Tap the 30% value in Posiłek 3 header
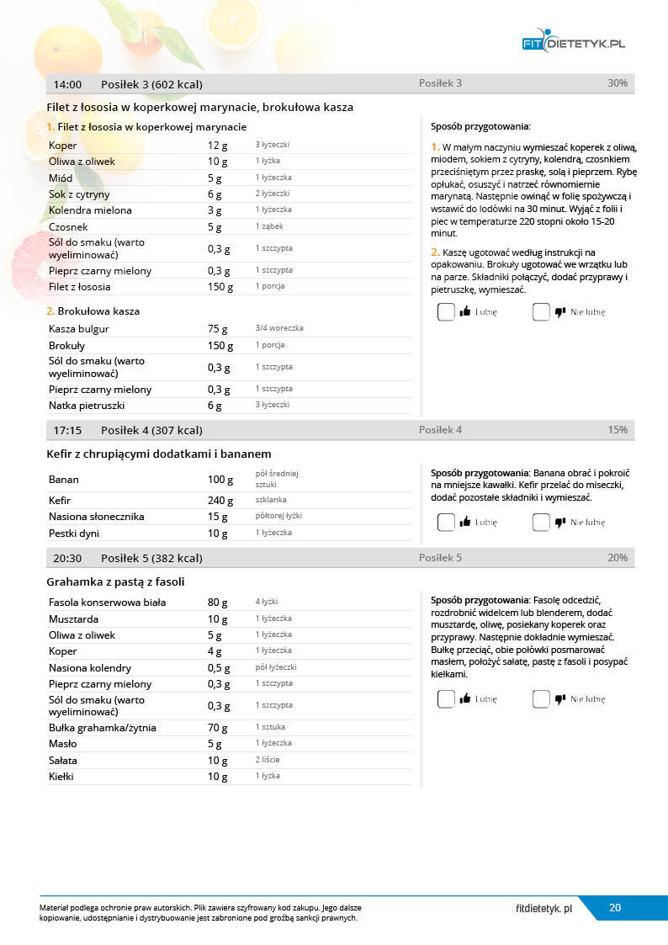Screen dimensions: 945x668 click(617, 83)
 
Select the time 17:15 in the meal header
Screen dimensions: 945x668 click(67, 430)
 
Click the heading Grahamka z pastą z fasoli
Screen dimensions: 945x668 click(115, 581)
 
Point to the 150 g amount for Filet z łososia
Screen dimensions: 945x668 click(220, 287)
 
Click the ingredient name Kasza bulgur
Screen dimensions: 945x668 click(79, 329)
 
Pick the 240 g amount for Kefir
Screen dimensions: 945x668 click(220, 500)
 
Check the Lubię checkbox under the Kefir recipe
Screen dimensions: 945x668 click(446, 523)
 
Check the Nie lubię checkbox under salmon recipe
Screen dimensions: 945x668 click(541, 312)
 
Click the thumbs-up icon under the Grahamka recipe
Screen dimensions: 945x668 click(465, 699)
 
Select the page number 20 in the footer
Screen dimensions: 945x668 click(615, 908)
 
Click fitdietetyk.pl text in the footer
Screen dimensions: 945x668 click(543, 908)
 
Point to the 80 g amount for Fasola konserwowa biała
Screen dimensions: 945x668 click(217, 603)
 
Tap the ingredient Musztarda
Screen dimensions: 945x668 click(74, 619)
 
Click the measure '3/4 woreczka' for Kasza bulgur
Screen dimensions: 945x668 click(279, 328)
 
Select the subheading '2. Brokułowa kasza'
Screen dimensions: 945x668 click(93, 311)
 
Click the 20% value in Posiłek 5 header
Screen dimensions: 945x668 click(617, 558)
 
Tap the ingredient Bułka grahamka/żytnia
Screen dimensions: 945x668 click(103, 728)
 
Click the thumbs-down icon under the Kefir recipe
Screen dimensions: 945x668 click(560, 523)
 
